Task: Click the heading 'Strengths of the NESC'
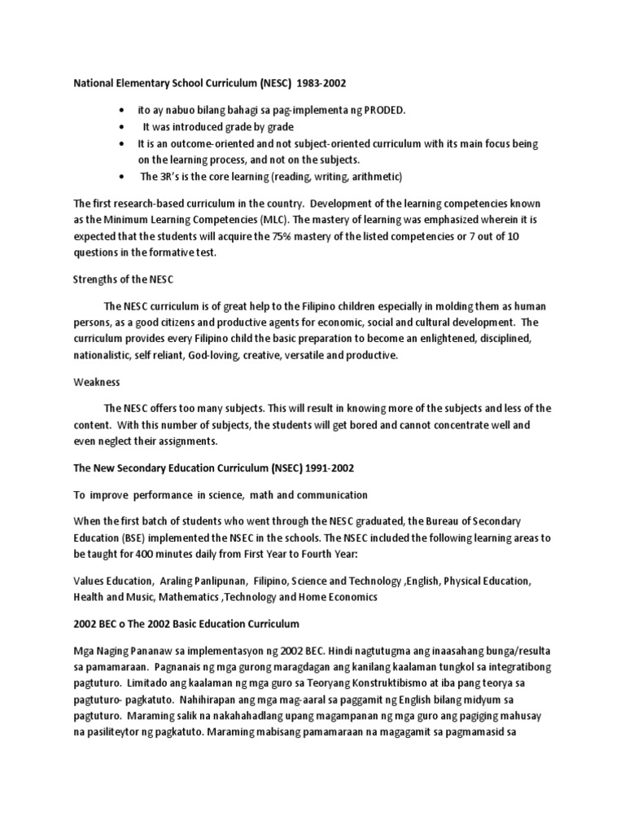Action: [125, 279]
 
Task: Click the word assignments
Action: [186, 441]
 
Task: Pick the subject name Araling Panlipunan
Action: [206, 582]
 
